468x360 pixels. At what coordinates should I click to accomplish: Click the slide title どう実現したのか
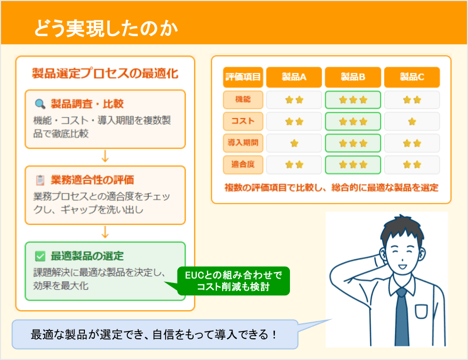(106, 28)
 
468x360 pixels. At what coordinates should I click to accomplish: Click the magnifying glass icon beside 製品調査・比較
(40, 104)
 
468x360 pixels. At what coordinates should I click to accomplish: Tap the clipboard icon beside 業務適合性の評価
(40, 180)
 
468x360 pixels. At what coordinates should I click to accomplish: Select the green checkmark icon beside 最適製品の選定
(40, 256)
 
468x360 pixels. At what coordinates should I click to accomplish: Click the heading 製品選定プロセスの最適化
(105, 73)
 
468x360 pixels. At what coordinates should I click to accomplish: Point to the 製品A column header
(294, 78)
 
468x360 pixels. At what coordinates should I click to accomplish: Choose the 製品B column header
(353, 78)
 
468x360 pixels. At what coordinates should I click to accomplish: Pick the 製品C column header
(412, 78)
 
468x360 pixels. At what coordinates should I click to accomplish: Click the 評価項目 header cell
(243, 78)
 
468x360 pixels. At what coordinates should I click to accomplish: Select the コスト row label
(243, 121)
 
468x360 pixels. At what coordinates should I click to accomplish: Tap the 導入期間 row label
(243, 143)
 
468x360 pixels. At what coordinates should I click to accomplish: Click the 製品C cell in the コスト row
(412, 122)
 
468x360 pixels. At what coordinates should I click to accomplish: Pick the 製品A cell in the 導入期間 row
(294, 143)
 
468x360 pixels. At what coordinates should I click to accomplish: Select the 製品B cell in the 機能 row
(353, 100)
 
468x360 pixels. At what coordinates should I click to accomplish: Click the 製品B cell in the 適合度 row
(353, 165)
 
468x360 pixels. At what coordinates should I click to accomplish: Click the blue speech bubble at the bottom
(155, 334)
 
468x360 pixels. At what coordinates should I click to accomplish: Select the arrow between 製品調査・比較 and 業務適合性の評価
(105, 156)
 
